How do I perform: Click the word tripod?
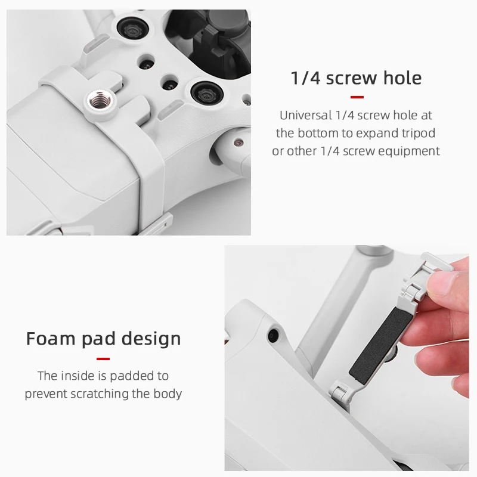[416, 133]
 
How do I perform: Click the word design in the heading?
[151, 339]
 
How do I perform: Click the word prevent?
[46, 394]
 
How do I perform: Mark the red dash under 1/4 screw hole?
[357, 97]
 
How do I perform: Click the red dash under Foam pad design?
[103, 358]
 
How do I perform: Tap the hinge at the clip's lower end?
[340, 394]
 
